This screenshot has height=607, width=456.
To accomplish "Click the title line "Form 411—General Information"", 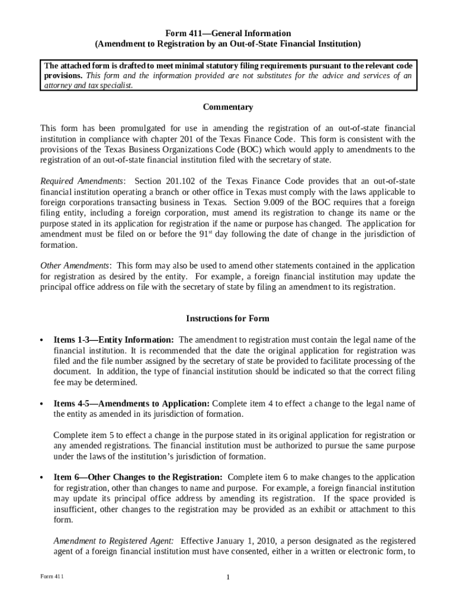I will (x=228, y=34).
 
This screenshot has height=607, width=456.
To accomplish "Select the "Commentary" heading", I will (x=228, y=107).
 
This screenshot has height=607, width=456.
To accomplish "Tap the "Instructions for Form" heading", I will (x=228, y=318).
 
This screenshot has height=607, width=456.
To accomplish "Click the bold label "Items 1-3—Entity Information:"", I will (x=114, y=340).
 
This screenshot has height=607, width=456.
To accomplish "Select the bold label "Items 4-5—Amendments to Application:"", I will (x=131, y=404).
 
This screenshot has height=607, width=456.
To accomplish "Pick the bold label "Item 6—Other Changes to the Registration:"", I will (x=138, y=477).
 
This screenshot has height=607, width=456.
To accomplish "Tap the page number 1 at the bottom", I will (x=228, y=577).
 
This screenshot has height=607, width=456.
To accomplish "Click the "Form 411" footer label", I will (x=52, y=577).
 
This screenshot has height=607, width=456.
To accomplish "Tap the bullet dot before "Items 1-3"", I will (x=41, y=341).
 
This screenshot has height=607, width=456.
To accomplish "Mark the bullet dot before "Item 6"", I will (x=41, y=478).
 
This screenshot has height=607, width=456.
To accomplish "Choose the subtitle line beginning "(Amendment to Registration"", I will (x=228, y=44).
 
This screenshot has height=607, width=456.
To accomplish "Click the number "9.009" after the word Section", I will (x=268, y=202).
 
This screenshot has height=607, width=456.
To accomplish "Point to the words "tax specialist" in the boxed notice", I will (x=111, y=85).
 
